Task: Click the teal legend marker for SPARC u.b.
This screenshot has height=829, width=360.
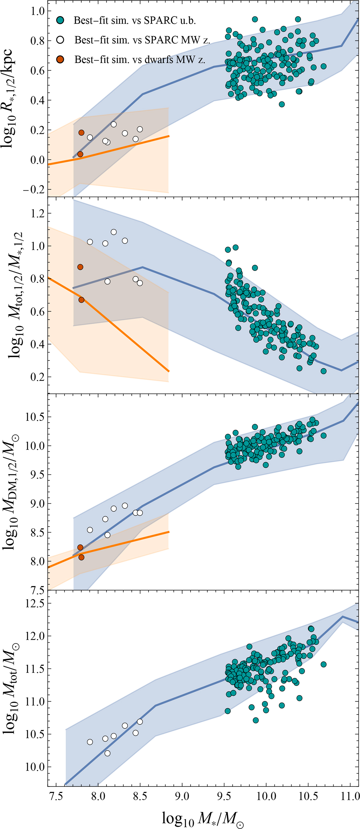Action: tap(60, 20)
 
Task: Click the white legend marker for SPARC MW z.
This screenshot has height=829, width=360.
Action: tap(60, 40)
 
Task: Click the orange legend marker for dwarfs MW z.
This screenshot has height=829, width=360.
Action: tap(60, 59)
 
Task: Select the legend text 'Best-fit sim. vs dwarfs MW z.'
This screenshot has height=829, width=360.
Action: tap(140, 60)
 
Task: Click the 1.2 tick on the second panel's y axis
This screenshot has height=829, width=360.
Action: tap(37, 213)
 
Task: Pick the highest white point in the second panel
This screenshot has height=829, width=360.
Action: tap(114, 232)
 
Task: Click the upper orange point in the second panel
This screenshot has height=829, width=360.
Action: tap(80, 267)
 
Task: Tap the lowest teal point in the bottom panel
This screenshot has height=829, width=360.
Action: tap(256, 720)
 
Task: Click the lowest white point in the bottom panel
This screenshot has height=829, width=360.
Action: tap(107, 753)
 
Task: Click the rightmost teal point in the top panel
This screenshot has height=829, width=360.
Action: tap(324, 66)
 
